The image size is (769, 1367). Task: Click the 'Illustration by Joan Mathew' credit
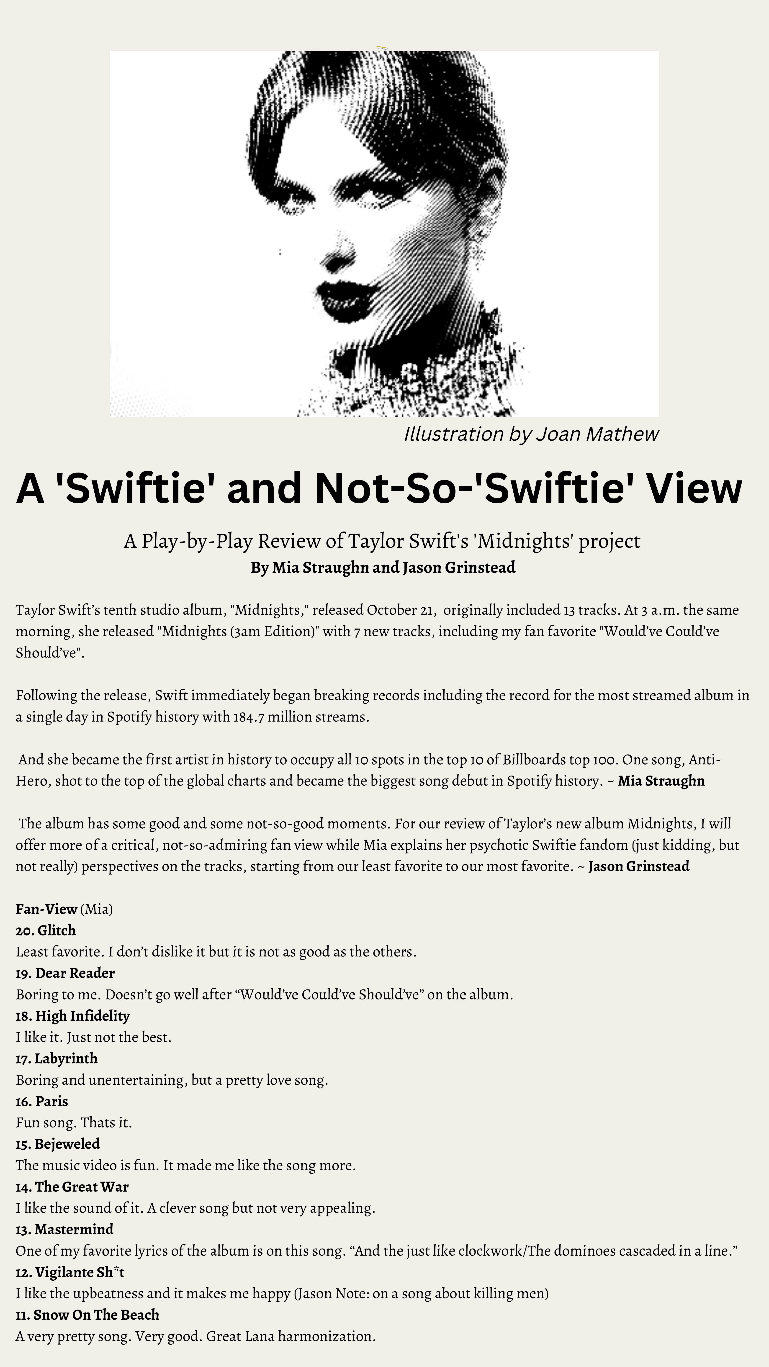pos(531,434)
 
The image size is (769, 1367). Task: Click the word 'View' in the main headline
pos(693,488)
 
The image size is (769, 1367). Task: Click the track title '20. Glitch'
pos(46,930)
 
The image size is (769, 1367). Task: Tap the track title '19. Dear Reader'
pos(65,973)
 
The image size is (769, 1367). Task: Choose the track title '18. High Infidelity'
pos(73,1016)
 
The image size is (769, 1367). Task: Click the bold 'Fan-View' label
pos(47,909)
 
